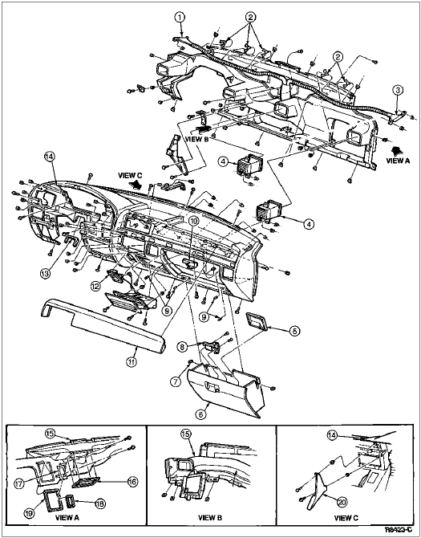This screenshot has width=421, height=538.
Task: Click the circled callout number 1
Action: coord(180,17)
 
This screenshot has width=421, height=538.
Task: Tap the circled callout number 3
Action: coord(398,90)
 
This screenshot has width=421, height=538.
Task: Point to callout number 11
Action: coord(132,361)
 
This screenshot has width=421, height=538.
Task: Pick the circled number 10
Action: coord(194,222)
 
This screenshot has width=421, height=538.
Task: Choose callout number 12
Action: coord(96,285)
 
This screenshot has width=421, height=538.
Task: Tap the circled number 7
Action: coord(176,381)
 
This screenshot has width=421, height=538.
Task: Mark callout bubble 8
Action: coord(183,347)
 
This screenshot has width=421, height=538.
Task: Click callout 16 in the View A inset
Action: coord(133,482)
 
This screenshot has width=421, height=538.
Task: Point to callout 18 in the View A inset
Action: coord(100,503)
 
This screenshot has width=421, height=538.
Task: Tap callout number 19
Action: coord(29,513)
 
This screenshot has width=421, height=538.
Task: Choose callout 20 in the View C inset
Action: coord(342,503)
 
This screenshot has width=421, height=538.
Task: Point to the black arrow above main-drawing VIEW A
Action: coord(397,150)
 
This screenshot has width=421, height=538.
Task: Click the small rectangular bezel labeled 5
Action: coord(257,322)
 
